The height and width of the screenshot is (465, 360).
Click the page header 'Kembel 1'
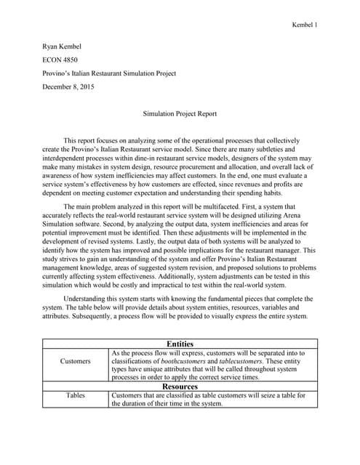tap(303, 25)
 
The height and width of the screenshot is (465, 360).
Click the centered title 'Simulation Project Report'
tap(180, 114)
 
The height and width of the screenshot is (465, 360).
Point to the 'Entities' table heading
tap(180, 344)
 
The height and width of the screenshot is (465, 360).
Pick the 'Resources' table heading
tap(180, 387)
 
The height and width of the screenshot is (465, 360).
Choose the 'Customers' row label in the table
tap(76, 360)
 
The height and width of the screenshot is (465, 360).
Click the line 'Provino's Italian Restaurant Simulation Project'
tap(109, 73)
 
